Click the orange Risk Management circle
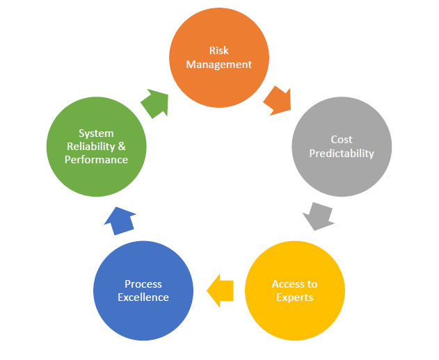click(219, 58)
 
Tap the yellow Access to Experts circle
click(295, 291)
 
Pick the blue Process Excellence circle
click(143, 291)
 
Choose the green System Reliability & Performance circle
click(96, 146)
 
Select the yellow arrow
click(221, 289)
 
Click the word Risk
click(219, 51)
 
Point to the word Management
click(219, 65)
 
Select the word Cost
click(342, 140)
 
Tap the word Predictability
click(342, 153)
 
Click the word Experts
click(294, 297)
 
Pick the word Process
click(143, 284)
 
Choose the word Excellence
click(143, 297)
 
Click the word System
click(96, 133)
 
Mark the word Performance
click(96, 160)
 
